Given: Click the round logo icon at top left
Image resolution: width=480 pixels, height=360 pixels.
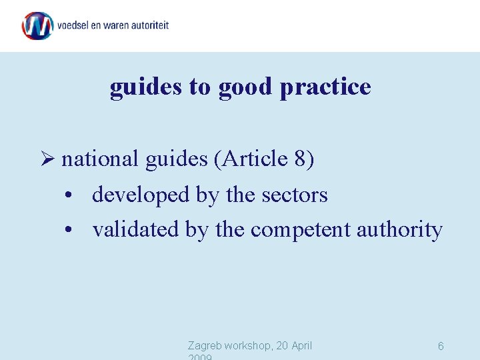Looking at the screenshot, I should pos(37,26).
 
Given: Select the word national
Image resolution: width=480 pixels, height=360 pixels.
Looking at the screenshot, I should pos(99,159).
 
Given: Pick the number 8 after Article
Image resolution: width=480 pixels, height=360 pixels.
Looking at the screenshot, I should pos(299,159).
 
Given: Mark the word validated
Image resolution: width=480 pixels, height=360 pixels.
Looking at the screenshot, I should pos(136,229).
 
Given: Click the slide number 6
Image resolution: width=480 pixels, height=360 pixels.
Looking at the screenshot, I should pos(441,346).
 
